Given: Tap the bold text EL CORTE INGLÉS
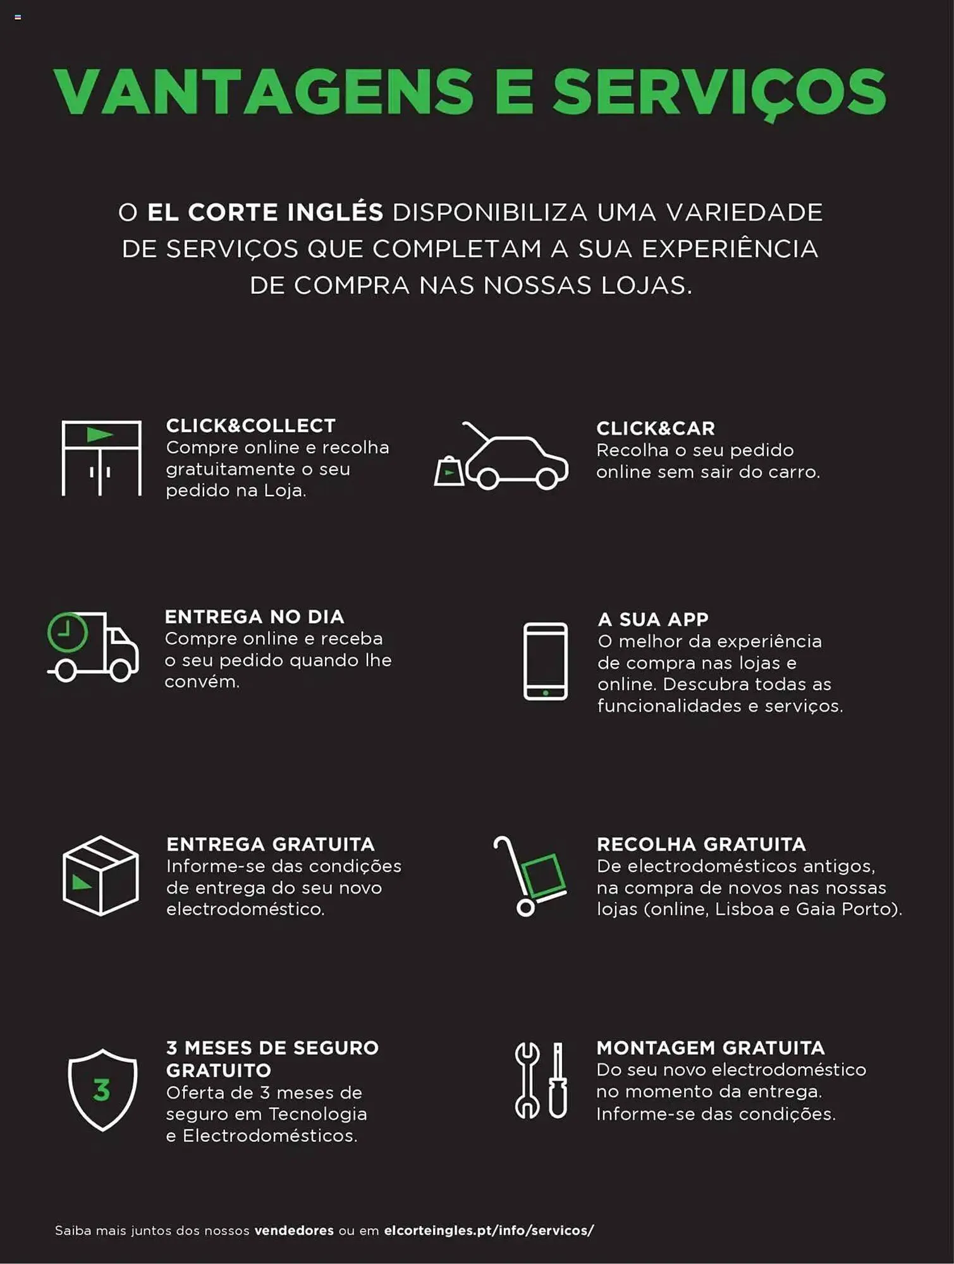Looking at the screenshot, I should click(x=265, y=212).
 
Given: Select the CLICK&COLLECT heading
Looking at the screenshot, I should click(x=250, y=426).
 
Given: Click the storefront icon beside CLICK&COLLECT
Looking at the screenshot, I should click(x=101, y=458).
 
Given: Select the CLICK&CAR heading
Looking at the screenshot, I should click(x=656, y=428).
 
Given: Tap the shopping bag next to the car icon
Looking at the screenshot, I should click(x=449, y=471).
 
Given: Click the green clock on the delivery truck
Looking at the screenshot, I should click(x=68, y=632).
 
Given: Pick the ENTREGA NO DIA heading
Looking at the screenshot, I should click(x=254, y=617).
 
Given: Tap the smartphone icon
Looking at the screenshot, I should click(x=546, y=661).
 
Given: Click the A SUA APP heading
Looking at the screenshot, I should click(x=653, y=619).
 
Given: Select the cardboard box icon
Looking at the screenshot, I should click(x=101, y=876).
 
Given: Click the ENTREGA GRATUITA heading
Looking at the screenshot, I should click(x=271, y=844).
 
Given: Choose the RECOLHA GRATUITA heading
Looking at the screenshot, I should click(x=701, y=844).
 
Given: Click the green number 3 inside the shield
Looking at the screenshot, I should click(x=102, y=1090).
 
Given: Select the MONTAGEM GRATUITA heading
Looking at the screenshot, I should click(x=711, y=1048).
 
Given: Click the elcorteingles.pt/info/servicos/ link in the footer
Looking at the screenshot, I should click(x=489, y=1231).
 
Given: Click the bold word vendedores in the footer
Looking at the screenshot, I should click(x=294, y=1231).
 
